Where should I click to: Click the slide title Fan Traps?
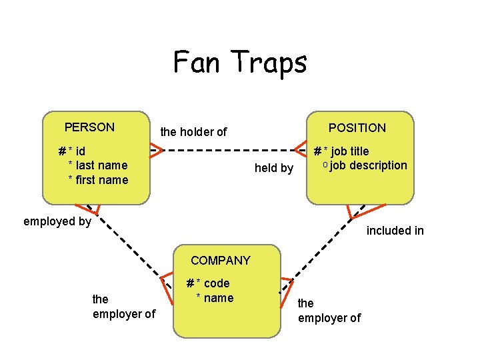(x=240, y=63)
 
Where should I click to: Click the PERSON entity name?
(x=89, y=127)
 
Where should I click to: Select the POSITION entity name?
(x=357, y=128)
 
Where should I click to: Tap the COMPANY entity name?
(x=220, y=261)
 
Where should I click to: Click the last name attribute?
(x=101, y=165)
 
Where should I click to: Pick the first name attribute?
(x=102, y=180)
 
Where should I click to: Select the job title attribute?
(x=346, y=151)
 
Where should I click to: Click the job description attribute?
(x=367, y=165)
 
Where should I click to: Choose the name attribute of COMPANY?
(x=218, y=298)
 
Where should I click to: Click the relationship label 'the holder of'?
(x=193, y=132)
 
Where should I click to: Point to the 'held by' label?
(x=274, y=169)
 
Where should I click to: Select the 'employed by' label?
(x=57, y=221)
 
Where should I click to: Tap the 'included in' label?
(x=395, y=231)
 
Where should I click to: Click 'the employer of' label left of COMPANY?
(x=123, y=307)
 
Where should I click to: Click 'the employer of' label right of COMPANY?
(x=329, y=311)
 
